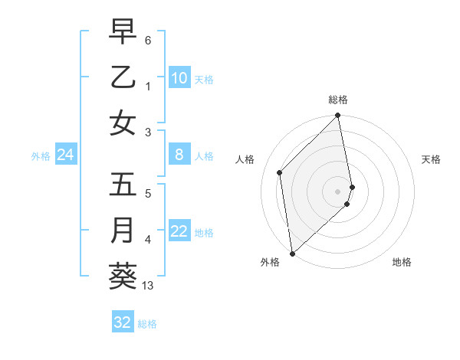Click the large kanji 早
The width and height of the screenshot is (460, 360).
[x=123, y=33]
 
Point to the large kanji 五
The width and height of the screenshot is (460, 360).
[x=123, y=186]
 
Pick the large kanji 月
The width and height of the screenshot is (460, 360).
[x=123, y=231]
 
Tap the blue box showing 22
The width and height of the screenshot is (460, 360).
[x=179, y=232]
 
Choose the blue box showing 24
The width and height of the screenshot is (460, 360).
[x=66, y=155]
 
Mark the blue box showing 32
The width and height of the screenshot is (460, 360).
[x=122, y=322]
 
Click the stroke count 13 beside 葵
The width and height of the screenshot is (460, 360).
[x=148, y=286]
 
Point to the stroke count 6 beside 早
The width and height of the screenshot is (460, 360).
[x=147, y=40]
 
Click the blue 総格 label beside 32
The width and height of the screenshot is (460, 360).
[x=147, y=323]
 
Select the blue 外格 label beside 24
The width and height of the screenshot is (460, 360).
[x=41, y=156]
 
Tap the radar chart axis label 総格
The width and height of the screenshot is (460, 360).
[x=338, y=100]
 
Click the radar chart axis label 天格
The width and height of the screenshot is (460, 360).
[x=432, y=159]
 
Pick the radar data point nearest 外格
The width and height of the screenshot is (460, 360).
[x=292, y=253]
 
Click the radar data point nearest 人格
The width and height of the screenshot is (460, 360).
[x=280, y=172]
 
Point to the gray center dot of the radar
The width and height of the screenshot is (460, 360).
[x=338, y=191]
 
